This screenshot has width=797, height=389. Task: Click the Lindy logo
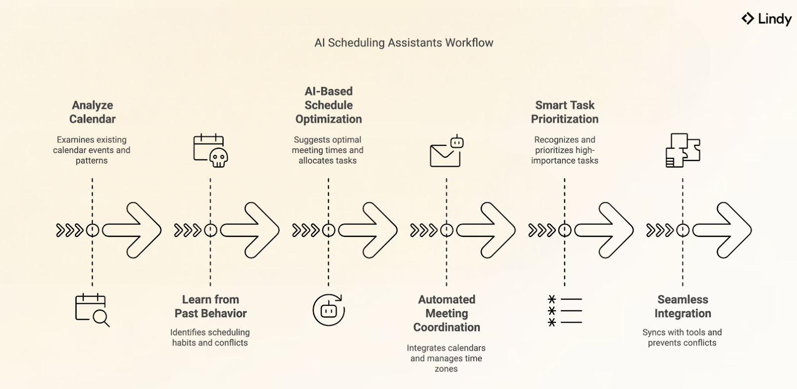tap(766, 19)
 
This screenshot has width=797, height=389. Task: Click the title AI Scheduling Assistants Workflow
tap(403, 43)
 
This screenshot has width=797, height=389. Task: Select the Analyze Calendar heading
tap(92, 112)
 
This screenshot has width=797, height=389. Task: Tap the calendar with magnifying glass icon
tap(92, 310)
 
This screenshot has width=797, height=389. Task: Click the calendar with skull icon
tap(210, 150)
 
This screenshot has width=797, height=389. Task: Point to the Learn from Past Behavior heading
tap(210, 306)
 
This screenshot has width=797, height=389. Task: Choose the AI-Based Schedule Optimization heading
tap(328, 105)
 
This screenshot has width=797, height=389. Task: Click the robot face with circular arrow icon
tap(328, 310)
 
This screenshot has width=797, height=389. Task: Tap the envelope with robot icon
tap(446, 151)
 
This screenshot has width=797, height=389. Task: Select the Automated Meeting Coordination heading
tap(446, 313)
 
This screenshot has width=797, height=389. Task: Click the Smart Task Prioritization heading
tap(564, 112)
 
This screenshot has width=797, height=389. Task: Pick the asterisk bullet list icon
tap(564, 311)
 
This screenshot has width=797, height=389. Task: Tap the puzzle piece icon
tap(682, 150)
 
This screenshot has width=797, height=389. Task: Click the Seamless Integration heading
tap(682, 306)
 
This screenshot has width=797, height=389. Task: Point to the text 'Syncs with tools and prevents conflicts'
tap(682, 338)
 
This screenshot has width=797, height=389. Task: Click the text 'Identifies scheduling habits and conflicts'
tap(210, 338)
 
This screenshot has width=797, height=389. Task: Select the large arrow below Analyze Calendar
tap(132, 230)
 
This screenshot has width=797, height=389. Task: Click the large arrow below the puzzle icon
tap(722, 230)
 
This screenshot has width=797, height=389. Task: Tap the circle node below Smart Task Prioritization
tap(564, 230)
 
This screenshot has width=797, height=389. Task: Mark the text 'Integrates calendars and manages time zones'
tap(446, 358)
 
